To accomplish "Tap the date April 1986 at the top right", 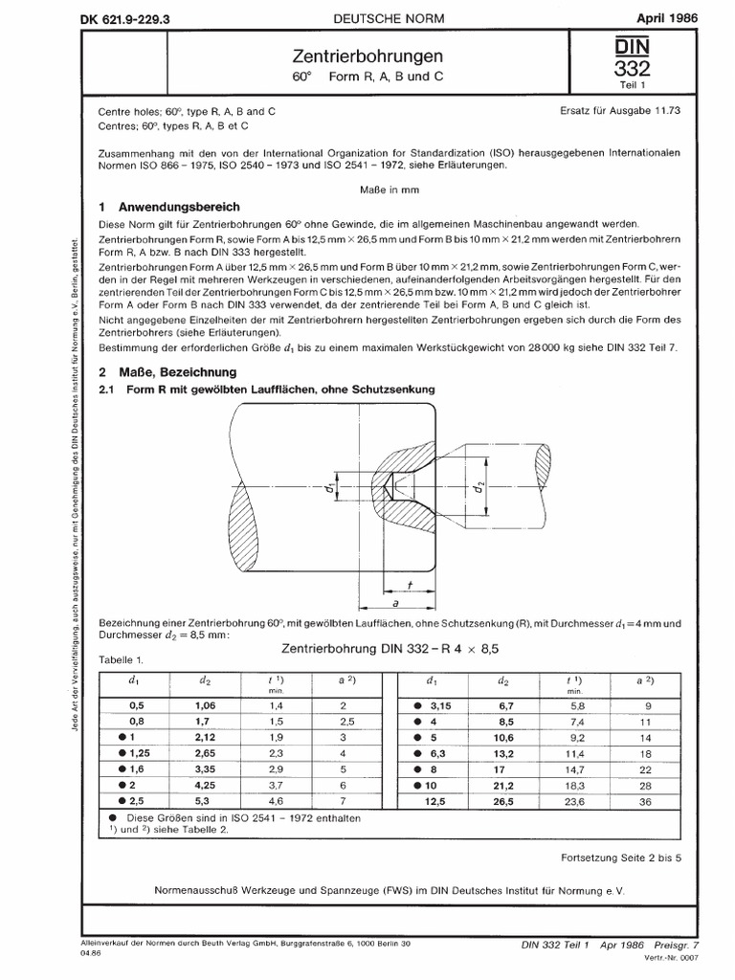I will click(x=684, y=17).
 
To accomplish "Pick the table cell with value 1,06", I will click(x=205, y=704).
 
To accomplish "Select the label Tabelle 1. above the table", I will click(x=120, y=661).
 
